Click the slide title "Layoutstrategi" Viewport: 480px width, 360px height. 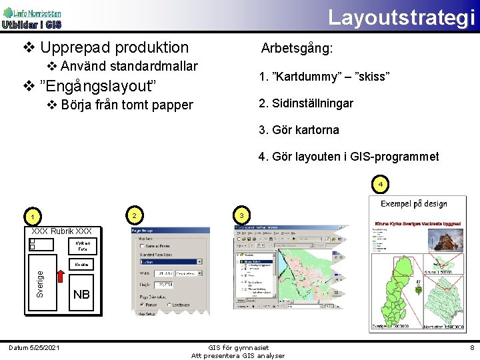(401, 17)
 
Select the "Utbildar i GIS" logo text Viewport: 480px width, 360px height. (31, 25)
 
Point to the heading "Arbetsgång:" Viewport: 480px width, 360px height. (297, 49)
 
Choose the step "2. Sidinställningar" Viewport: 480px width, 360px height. (306, 103)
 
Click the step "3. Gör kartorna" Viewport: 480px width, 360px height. (299, 130)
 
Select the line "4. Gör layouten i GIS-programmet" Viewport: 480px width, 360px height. (349, 157)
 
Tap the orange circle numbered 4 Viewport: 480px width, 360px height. (379, 183)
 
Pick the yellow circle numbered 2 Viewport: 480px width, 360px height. (135, 215)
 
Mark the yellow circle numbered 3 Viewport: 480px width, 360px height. (241, 215)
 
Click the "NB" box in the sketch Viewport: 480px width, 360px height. (81, 295)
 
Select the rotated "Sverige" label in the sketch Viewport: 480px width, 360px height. (40, 284)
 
